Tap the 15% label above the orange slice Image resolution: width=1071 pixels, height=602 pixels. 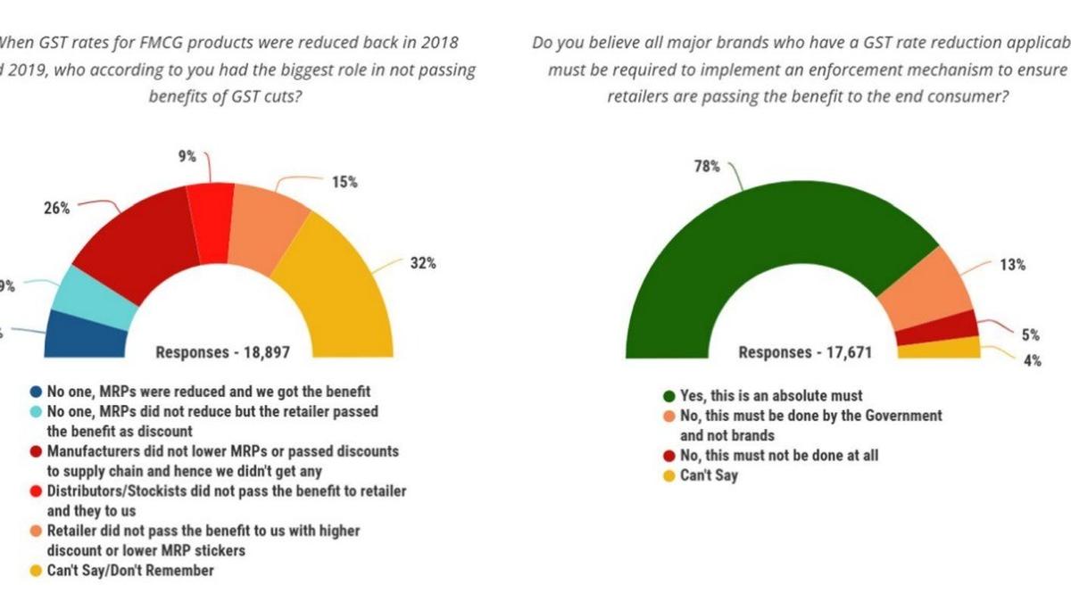(x=345, y=182)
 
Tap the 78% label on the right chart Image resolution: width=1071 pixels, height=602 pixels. (x=708, y=166)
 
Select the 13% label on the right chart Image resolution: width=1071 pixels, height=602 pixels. (x=1013, y=265)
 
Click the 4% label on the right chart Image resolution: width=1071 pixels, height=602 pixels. (x=1031, y=361)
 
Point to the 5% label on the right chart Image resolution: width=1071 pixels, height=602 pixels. (x=1031, y=335)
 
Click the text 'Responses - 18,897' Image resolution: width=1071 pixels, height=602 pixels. (x=222, y=352)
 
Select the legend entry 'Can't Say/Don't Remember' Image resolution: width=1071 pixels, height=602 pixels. (x=130, y=570)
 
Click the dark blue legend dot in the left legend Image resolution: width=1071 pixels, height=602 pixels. (x=35, y=392)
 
